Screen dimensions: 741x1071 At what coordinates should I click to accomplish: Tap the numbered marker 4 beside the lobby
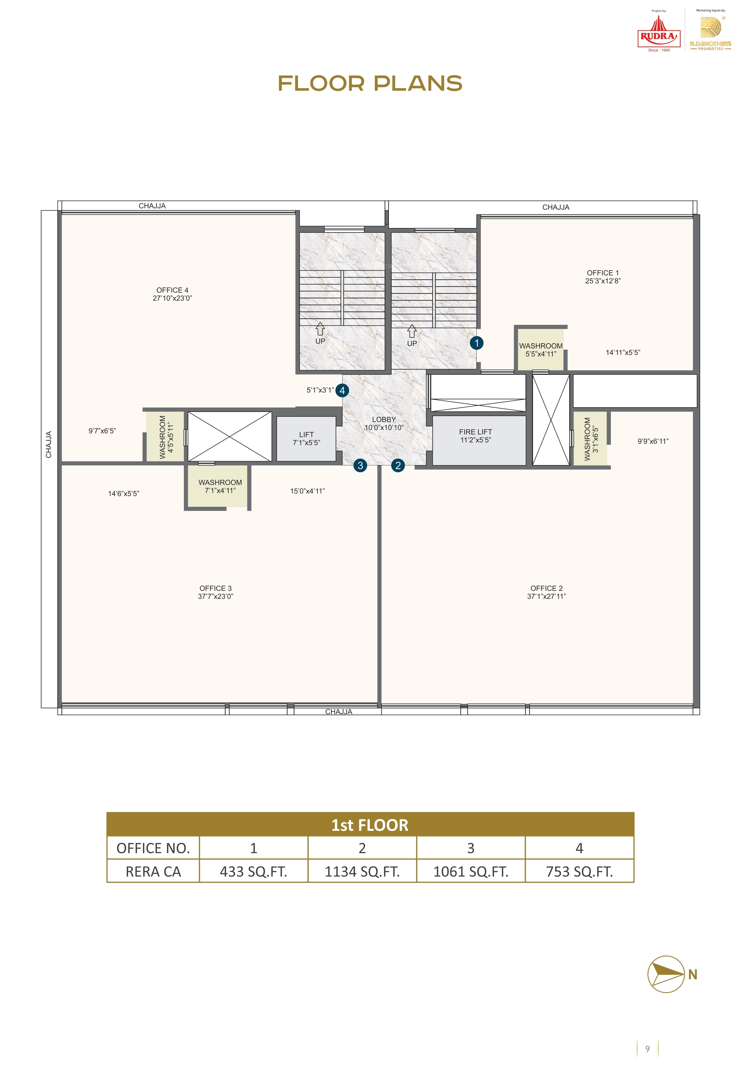pos(342,390)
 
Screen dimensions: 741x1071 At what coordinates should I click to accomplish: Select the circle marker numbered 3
pos(360,465)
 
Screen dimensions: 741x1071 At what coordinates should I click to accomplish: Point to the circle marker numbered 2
pos(398,465)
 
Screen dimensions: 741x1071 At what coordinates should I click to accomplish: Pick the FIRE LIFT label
pos(475,432)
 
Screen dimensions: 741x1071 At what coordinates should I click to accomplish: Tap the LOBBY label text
pos(384,419)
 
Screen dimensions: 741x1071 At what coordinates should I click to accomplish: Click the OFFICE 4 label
pos(172,290)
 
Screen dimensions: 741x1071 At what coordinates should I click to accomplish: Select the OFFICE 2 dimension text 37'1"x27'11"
pos(546,596)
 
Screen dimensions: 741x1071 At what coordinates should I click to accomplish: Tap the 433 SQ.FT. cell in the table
pos(254,871)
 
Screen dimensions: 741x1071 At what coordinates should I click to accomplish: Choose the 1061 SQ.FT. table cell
pos(471,871)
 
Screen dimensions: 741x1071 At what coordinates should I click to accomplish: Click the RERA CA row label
pos(153,872)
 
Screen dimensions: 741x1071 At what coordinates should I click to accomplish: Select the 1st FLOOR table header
pos(370,825)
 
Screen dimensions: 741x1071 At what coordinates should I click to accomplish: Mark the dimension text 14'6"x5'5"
pos(123,494)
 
